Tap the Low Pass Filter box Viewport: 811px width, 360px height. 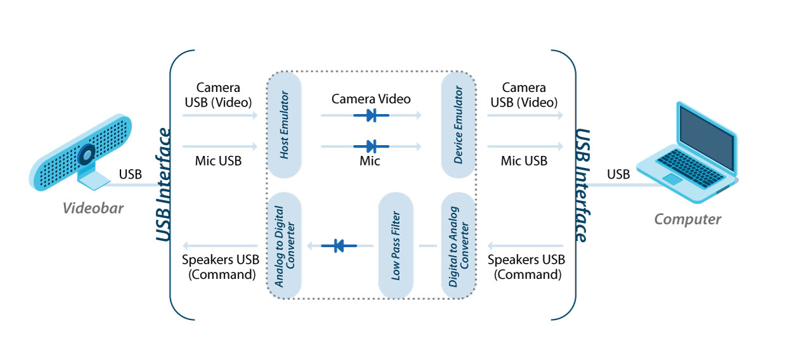[396, 246]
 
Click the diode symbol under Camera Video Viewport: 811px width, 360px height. [371, 115]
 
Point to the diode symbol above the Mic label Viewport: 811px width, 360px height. [371, 146]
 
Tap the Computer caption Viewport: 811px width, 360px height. [687, 219]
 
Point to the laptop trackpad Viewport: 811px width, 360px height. [673, 179]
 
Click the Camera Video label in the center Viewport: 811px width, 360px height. [371, 99]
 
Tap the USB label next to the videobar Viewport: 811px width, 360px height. [131, 174]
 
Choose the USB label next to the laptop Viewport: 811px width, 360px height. [618, 174]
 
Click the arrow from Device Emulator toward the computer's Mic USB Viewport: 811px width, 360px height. [525, 146]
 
